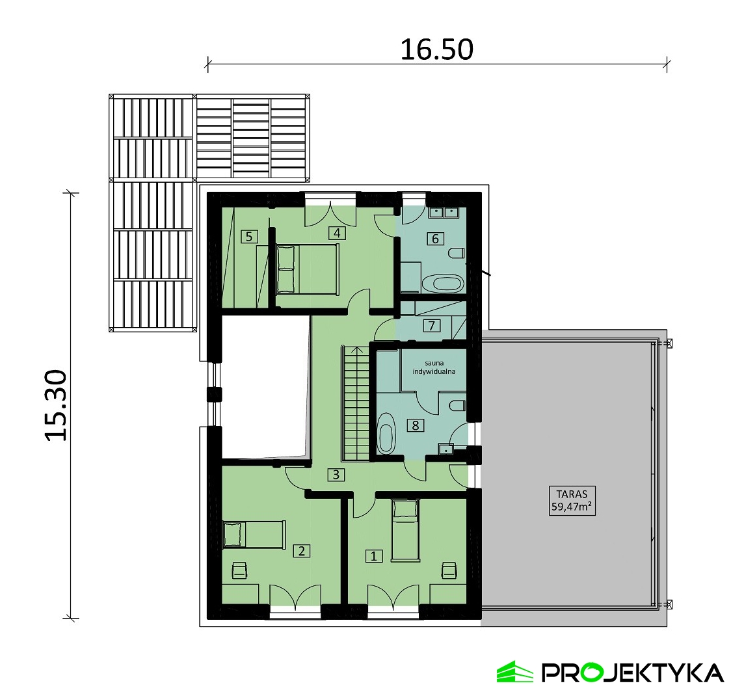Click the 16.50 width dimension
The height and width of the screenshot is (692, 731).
click(x=437, y=49)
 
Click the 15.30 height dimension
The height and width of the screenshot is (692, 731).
click(x=57, y=405)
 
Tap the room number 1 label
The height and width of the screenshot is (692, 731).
click(x=373, y=556)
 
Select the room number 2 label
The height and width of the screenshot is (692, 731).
click(x=302, y=551)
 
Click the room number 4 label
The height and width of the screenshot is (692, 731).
click(x=337, y=233)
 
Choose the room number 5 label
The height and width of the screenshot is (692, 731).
click(x=249, y=237)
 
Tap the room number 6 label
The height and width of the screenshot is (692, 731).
click(x=435, y=239)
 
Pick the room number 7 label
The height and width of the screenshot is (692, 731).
click(x=432, y=325)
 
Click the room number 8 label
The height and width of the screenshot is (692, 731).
click(x=415, y=425)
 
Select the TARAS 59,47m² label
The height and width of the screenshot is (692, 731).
click(x=572, y=500)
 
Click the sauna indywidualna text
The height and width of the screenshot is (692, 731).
click(x=434, y=367)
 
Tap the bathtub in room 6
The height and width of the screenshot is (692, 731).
click(x=443, y=283)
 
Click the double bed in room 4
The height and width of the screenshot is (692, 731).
click(x=307, y=269)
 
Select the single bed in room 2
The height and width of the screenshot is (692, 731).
click(x=254, y=535)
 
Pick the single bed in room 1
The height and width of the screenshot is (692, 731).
click(x=405, y=529)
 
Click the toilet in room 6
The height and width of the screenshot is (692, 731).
click(x=457, y=254)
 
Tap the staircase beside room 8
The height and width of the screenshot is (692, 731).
click(x=356, y=403)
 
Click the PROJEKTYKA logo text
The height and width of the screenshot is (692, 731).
click(x=632, y=673)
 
